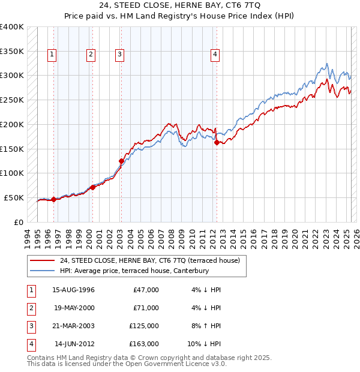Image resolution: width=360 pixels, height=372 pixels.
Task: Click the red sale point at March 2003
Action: pyautogui.click(x=121, y=161)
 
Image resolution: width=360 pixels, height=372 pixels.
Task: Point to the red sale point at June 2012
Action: pyautogui.click(x=217, y=142)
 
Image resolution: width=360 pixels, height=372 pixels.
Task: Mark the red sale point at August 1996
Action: pyautogui.click(x=53, y=199)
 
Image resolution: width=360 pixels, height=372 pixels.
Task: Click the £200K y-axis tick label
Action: pyautogui.click(x=12, y=124)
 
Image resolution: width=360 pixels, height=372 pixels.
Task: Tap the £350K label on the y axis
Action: pyautogui.click(x=12, y=51)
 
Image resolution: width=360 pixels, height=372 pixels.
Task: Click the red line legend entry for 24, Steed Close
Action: pyautogui.click(x=150, y=260)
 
